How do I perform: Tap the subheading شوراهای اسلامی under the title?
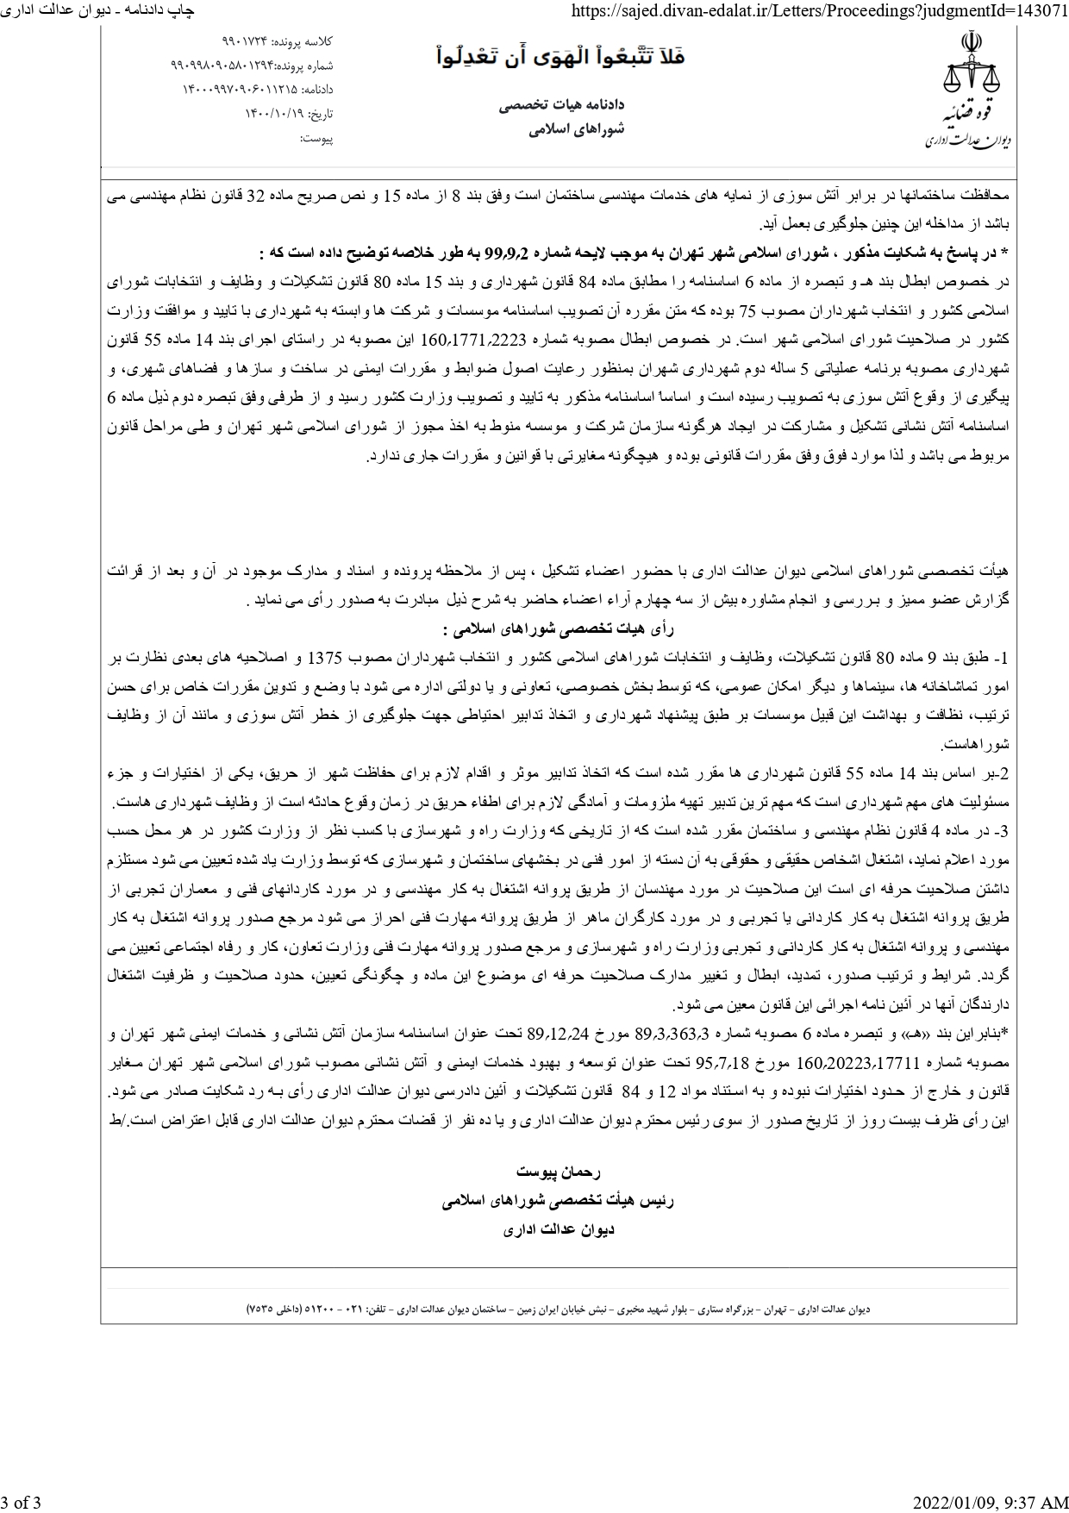coord(576,129)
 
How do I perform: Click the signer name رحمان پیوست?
coord(558,1172)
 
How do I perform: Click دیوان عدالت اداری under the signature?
coord(559,1229)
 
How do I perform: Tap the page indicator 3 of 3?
coord(21,1504)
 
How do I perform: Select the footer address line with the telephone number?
coord(558,1309)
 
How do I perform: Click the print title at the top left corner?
coord(97,9)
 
